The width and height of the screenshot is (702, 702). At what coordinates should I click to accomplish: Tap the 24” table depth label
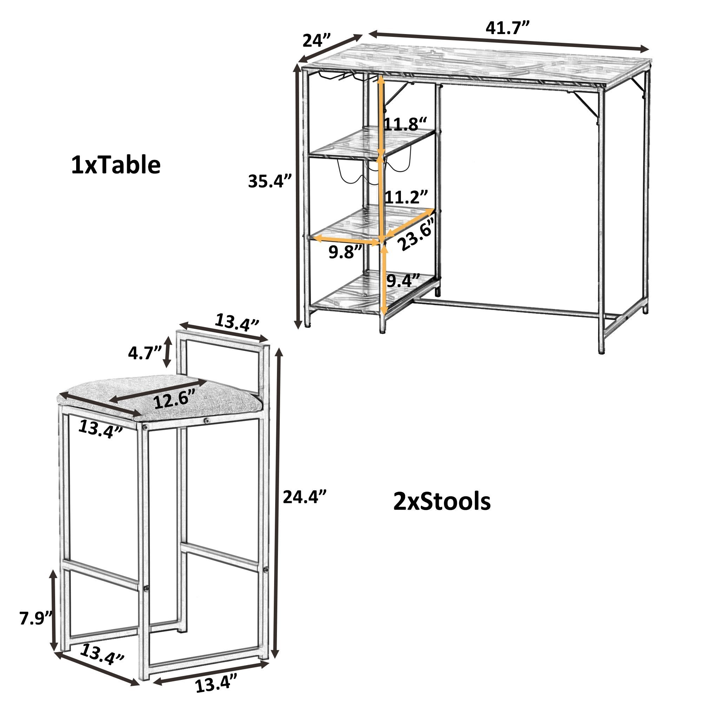(x=317, y=40)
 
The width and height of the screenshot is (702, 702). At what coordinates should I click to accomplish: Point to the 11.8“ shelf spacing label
(x=406, y=124)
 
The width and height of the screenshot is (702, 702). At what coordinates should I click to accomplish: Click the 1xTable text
(x=115, y=165)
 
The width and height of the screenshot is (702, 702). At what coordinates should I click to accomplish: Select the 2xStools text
(x=442, y=502)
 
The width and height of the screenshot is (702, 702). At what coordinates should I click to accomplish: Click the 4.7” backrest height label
(x=145, y=352)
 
